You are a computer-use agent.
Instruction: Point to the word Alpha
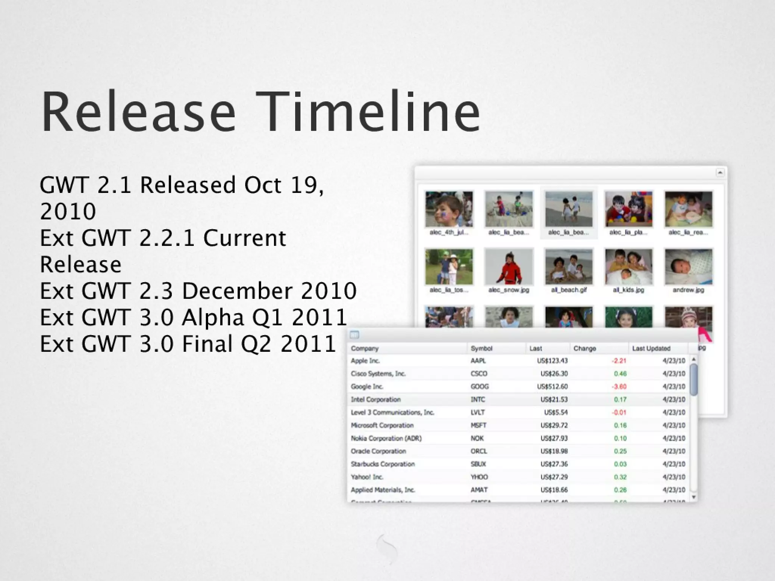coord(213,318)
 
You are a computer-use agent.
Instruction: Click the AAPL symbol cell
coord(478,361)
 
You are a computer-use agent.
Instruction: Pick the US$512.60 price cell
coord(552,387)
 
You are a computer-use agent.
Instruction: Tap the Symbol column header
coord(481,348)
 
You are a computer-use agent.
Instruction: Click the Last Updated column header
coord(651,348)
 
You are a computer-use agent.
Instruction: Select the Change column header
coord(585,348)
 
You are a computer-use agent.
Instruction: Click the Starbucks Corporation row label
coord(383,464)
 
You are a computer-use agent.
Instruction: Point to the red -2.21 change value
coord(619,361)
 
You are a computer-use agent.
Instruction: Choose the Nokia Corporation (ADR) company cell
coord(386,438)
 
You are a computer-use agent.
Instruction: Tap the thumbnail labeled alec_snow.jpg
coord(509,267)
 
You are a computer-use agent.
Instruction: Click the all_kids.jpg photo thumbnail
coord(628,267)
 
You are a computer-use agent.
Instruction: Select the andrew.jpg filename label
coord(688,290)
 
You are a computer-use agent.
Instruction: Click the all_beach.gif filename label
coord(568,290)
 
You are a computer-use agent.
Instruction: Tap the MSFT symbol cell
coord(478,426)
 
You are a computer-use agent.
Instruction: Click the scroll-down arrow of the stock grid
coord(694,497)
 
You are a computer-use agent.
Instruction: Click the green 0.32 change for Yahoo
coord(620,477)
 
